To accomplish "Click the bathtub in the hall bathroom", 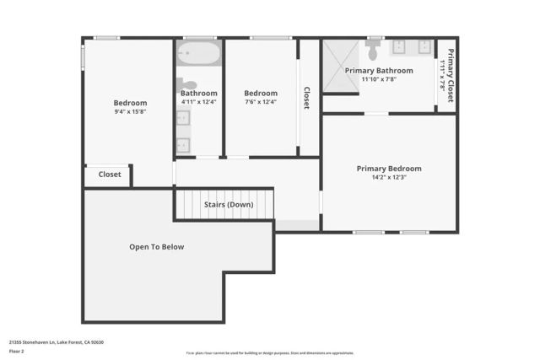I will (199, 55).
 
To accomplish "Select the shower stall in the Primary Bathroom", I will (341, 60).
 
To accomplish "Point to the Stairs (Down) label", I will (228, 205).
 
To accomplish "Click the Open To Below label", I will (156, 247).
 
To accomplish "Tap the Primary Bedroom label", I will (388, 169).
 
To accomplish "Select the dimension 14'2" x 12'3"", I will (388, 178).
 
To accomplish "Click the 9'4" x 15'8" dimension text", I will (130, 112).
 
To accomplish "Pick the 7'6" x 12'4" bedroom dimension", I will (261, 102).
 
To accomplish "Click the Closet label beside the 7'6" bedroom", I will (306, 98).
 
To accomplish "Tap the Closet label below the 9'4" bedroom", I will (110, 175).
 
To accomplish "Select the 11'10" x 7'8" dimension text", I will (379, 79).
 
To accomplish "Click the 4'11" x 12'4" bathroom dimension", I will (199, 102).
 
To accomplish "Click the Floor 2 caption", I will (17, 352).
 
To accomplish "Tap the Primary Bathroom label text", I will (379, 71).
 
